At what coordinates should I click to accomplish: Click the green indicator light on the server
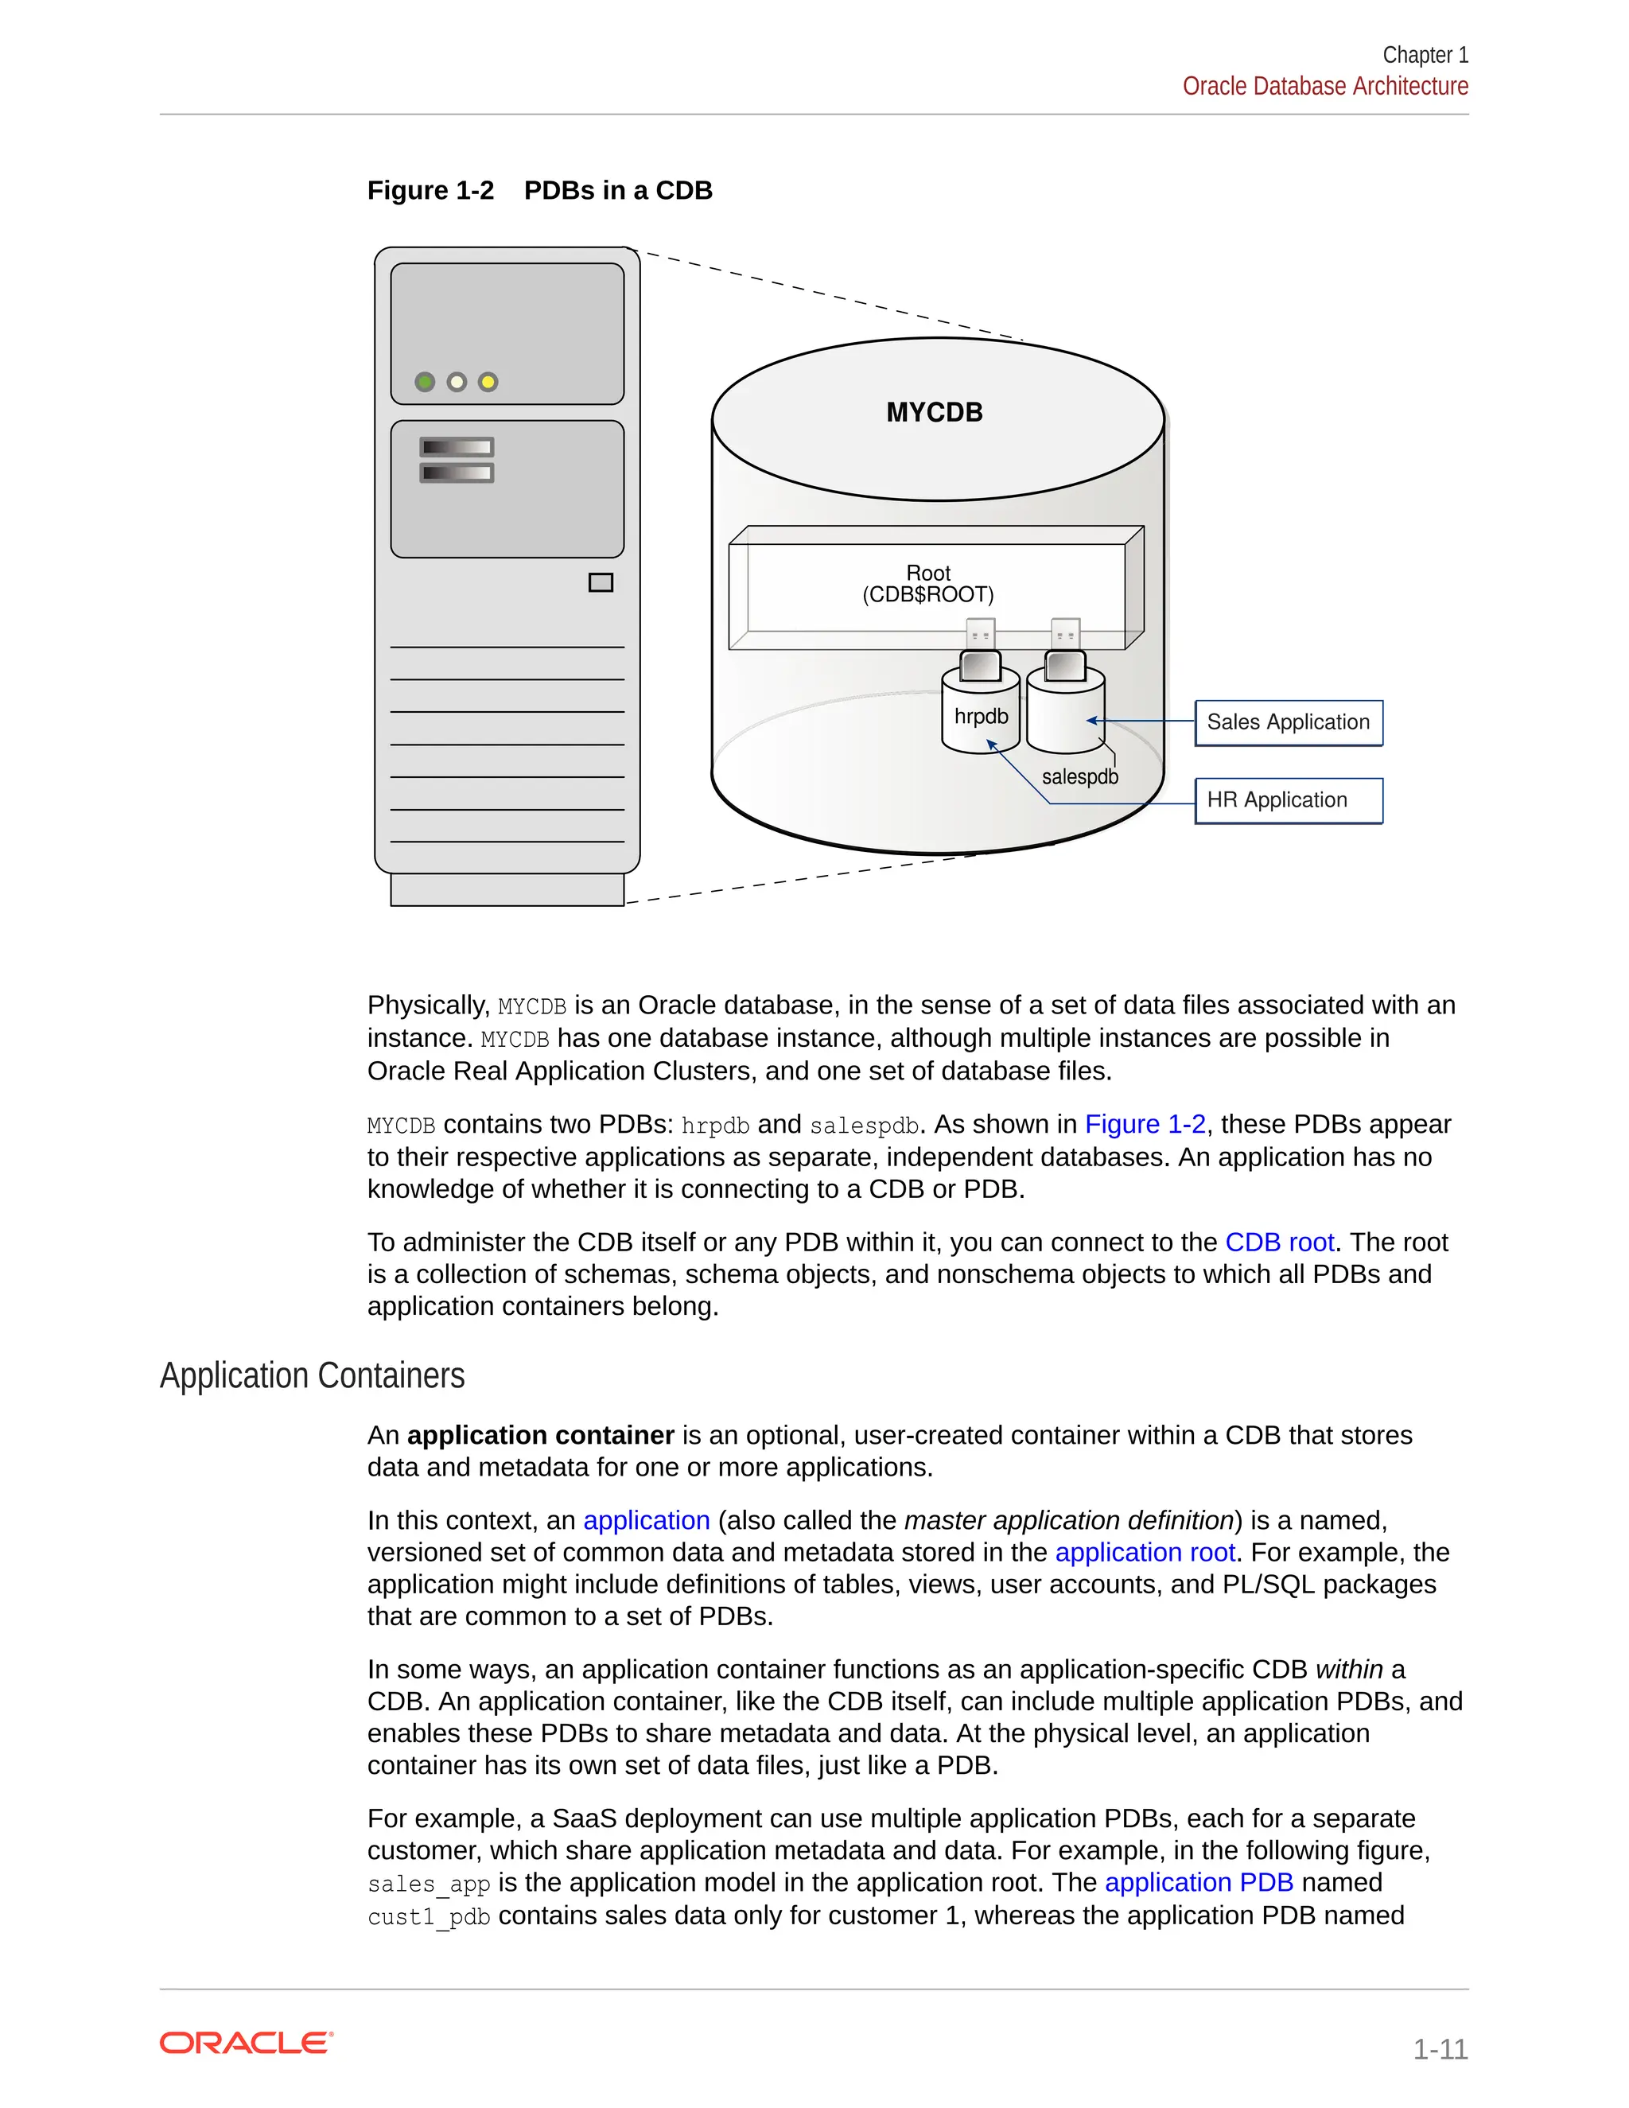425,382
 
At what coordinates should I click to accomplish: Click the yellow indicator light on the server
488,382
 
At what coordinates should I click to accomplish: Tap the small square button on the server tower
601,582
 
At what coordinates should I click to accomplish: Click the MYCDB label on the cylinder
934,413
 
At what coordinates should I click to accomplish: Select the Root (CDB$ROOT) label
927,584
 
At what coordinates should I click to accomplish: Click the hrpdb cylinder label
981,716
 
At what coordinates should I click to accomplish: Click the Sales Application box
1288,723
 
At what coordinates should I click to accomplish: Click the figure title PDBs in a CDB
617,190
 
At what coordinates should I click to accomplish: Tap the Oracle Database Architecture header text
1324,87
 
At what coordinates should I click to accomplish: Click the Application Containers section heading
312,1375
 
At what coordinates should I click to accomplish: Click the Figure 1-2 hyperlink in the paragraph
1145,1125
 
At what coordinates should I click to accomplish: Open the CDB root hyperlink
1279,1243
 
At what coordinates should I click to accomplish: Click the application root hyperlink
1145,1552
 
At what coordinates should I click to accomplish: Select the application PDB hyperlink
1198,1882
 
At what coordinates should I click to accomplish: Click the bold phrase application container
540,1435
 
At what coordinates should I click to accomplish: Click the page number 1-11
1439,2048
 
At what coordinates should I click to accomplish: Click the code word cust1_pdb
429,1916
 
